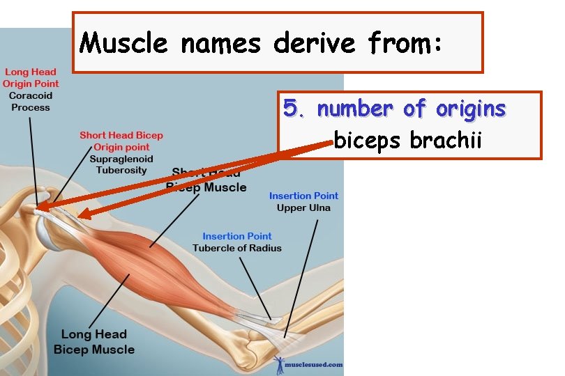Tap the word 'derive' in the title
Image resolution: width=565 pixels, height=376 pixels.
pyautogui.click(x=315, y=44)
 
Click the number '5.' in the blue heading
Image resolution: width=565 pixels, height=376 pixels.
pyautogui.click(x=296, y=109)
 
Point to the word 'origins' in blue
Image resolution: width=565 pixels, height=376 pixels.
pyautogui.click(x=471, y=109)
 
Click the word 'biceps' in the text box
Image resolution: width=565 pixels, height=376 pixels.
pyautogui.click(x=368, y=141)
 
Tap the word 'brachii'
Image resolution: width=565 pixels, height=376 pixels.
pyautogui.click(x=446, y=141)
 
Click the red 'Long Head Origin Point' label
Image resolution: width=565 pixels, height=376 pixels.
pyautogui.click(x=30, y=77)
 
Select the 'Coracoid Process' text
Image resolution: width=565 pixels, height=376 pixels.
pyautogui.click(x=31, y=102)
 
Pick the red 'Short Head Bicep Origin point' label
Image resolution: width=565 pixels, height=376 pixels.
pyautogui.click(x=121, y=141)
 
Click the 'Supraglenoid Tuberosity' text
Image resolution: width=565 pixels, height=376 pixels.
pyautogui.click(x=121, y=164)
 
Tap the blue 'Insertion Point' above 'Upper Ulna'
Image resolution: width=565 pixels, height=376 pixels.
pyautogui.click(x=303, y=196)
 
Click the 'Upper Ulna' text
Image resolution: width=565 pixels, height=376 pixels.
pyautogui.click(x=303, y=207)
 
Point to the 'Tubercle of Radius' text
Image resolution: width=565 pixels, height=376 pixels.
pyautogui.click(x=237, y=248)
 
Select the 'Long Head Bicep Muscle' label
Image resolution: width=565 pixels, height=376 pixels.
pyautogui.click(x=93, y=342)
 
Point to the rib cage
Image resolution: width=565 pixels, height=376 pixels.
pyautogui.click(x=17, y=292)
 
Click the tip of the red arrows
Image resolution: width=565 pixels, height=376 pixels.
pyautogui.click(x=38, y=206)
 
